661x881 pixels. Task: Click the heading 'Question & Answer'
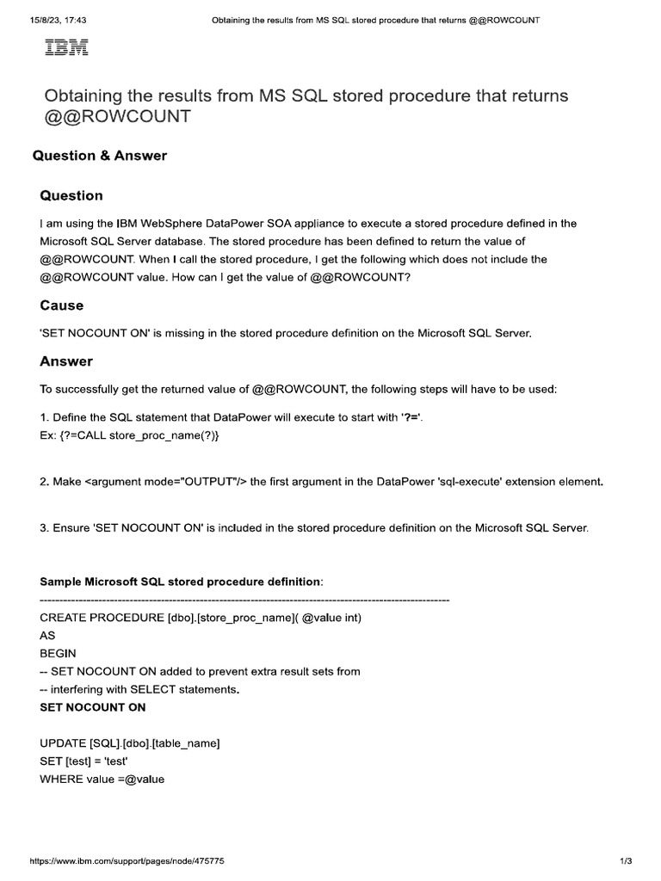click(100, 156)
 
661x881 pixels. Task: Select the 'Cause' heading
click(62, 305)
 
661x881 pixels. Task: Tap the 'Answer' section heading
click(66, 361)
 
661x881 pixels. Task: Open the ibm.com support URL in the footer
click(127, 860)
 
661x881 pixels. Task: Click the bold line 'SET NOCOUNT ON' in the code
click(93, 707)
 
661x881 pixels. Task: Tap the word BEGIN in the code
click(58, 653)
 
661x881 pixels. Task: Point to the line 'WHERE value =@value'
click(102, 779)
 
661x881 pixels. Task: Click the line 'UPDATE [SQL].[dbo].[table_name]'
click(130, 742)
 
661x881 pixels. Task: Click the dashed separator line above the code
click(244, 599)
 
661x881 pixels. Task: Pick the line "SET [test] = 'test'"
click(90, 761)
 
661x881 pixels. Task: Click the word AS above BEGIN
click(47, 635)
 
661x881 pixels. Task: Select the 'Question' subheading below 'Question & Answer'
click(71, 195)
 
